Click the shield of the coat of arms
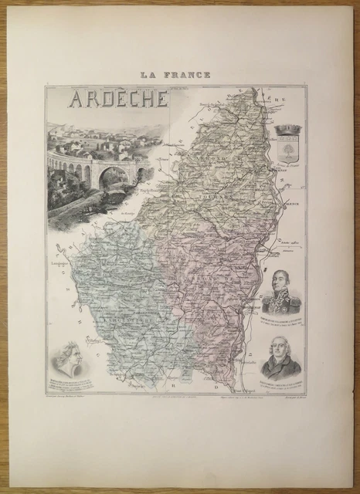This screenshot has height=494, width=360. click(x=290, y=151)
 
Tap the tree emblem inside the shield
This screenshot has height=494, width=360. click(x=290, y=151)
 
